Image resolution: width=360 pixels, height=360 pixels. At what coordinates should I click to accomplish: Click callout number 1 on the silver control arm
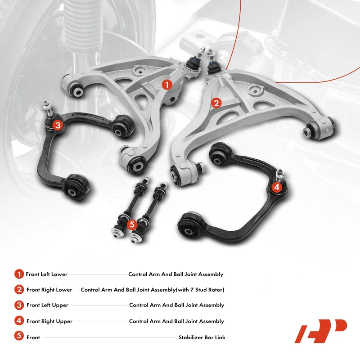tap(167, 85)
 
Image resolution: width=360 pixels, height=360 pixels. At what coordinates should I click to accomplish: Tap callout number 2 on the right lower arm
tap(216, 103)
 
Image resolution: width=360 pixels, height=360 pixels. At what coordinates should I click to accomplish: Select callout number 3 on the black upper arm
tap(58, 125)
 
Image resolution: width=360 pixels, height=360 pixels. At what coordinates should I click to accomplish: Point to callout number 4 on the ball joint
tap(277, 187)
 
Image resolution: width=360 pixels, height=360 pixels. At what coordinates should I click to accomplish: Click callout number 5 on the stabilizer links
tap(131, 224)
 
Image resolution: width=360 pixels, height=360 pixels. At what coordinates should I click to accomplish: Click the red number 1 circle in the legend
tap(19, 274)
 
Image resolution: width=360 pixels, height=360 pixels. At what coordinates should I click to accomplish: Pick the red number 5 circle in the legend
tap(19, 336)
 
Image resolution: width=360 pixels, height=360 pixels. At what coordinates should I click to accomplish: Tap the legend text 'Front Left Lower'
tap(47, 274)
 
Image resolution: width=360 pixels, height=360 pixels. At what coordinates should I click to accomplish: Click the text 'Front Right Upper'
tap(49, 321)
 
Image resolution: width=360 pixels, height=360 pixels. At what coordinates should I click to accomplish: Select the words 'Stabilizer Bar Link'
tap(202, 337)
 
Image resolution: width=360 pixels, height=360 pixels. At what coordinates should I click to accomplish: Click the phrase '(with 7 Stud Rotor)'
tap(200, 290)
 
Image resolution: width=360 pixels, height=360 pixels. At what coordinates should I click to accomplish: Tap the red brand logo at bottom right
tap(321, 331)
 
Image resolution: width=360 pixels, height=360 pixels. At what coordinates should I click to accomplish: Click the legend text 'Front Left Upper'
tap(48, 305)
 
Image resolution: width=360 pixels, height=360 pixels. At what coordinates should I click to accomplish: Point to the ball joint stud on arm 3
tap(48, 108)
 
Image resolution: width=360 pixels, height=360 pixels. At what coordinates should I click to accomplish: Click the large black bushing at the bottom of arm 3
tap(76, 187)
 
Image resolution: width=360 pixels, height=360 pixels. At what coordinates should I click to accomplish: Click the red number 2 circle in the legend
tap(19, 289)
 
